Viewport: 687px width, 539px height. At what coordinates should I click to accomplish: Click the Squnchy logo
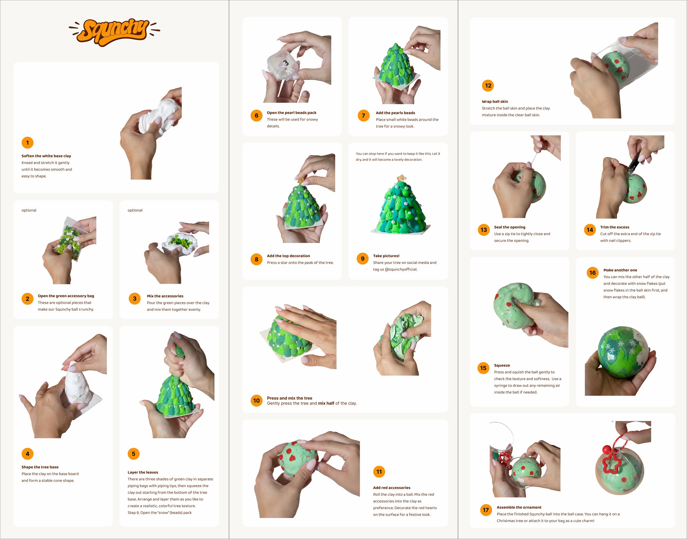point(114,32)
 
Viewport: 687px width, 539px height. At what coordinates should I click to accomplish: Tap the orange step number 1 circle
point(28,143)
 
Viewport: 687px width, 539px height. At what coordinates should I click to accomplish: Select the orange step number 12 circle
point(488,86)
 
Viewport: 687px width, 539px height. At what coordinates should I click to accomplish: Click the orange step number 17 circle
point(486,510)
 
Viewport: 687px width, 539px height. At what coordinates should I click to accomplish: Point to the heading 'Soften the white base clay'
point(46,156)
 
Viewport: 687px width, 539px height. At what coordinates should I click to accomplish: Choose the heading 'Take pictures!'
point(386,256)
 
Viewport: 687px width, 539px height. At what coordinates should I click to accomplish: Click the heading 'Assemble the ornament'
point(519,508)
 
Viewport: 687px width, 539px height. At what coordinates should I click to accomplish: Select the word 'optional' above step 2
point(29,210)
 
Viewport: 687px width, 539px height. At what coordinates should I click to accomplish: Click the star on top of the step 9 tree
point(402,178)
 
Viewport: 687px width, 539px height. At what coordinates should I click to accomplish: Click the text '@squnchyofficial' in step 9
point(401,269)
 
